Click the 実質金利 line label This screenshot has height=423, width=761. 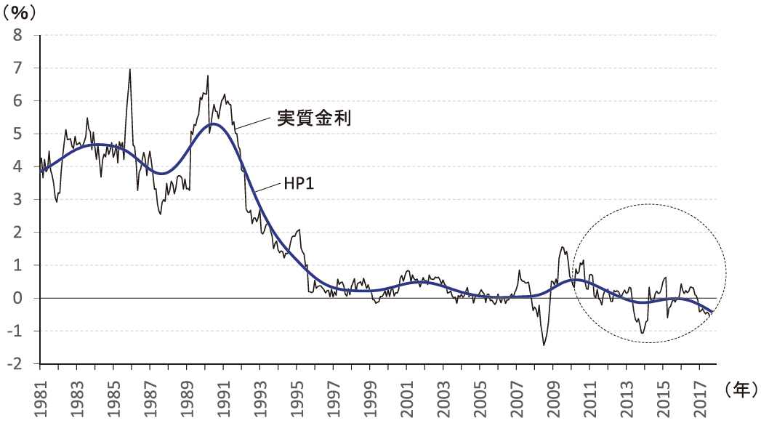pos(314,118)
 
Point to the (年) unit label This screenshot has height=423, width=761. pos(741,389)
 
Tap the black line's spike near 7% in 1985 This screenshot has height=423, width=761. pos(129,70)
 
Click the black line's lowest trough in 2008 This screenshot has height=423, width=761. pos(544,345)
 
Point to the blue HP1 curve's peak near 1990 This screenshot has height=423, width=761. pos(212,124)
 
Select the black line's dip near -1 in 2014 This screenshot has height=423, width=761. pos(643,333)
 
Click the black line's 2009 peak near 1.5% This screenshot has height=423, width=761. pos(563,248)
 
